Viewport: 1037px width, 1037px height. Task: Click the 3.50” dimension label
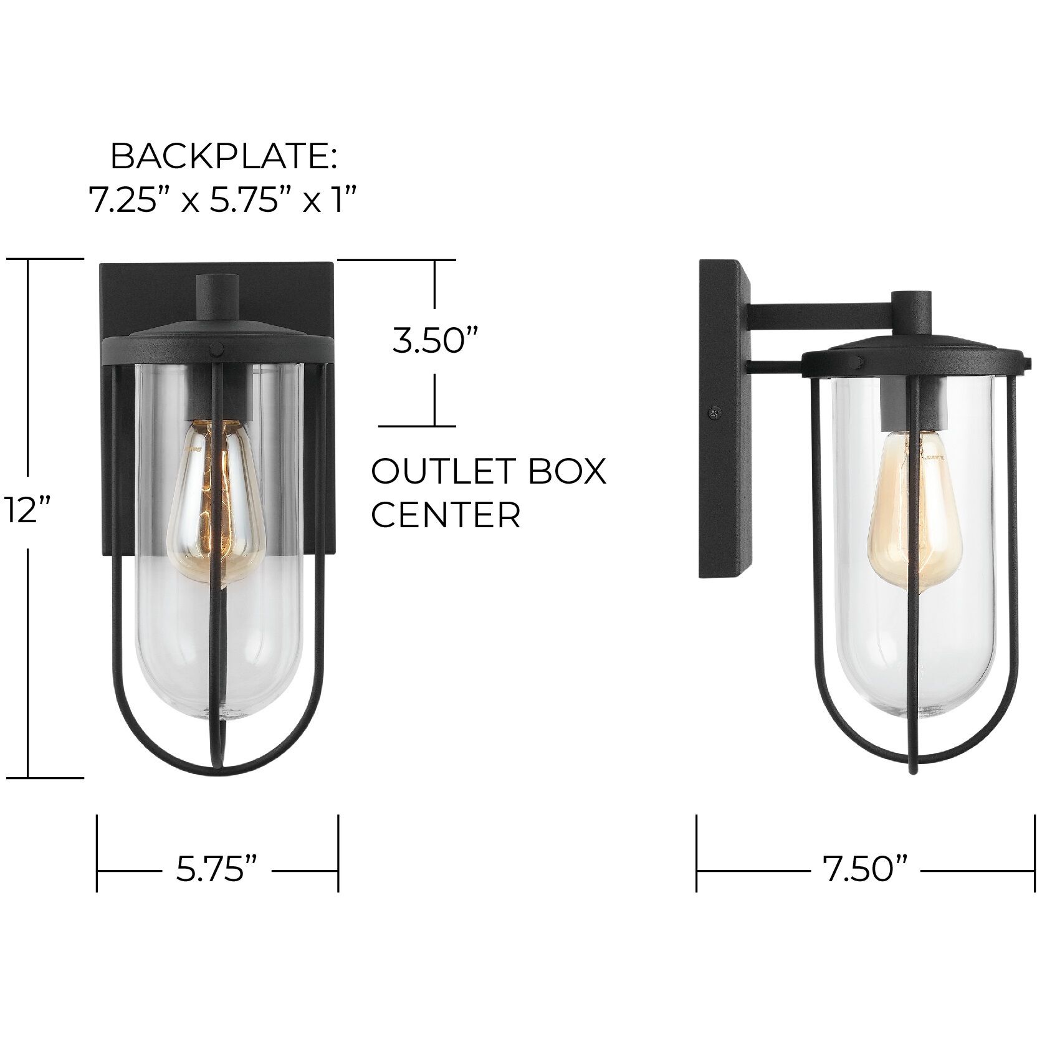click(x=435, y=342)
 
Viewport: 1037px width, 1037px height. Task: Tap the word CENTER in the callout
click(x=446, y=515)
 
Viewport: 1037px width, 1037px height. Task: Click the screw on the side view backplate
click(x=715, y=412)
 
